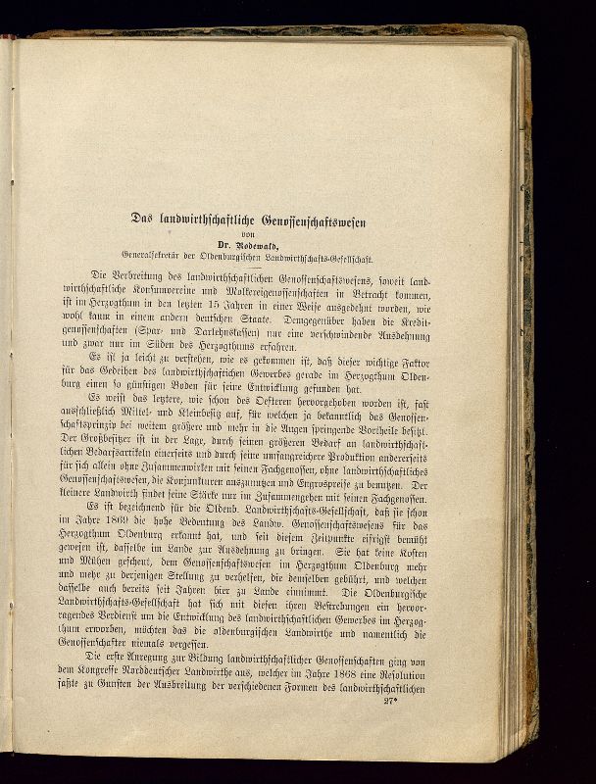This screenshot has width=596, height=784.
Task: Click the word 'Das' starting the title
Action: pyautogui.click(x=145, y=219)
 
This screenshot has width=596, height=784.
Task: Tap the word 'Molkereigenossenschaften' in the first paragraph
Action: pyautogui.click(x=298, y=293)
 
